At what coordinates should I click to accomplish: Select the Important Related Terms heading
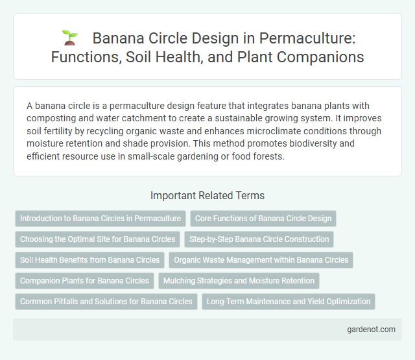pos(207,195)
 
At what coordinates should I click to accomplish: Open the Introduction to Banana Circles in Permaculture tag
pos(101,219)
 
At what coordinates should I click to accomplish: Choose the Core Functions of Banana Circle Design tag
pos(263,219)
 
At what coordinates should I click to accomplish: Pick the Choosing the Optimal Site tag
pos(97,239)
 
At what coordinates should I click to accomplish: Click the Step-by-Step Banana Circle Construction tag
pos(259,239)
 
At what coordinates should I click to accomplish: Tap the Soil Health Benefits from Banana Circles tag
pos(89,260)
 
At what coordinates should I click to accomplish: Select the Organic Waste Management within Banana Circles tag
pos(261,260)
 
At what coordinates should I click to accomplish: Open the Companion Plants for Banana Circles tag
pos(84,281)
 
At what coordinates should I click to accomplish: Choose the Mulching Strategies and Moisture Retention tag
pos(239,281)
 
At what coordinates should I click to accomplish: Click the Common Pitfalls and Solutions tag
pos(106,302)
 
